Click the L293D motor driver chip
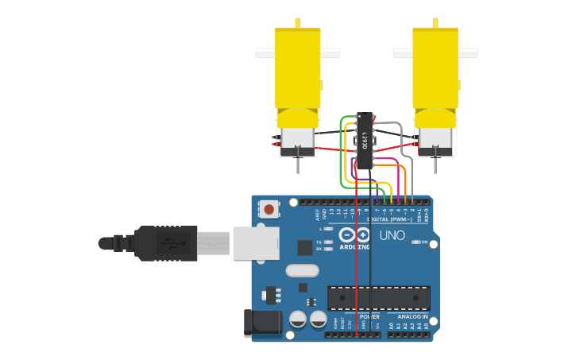tap(365, 141)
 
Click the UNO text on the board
tap(392, 235)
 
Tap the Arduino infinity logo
tap(354, 234)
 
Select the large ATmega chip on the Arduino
tap(379, 297)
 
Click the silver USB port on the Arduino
tap(253, 243)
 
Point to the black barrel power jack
tap(261, 322)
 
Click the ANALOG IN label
tap(413, 316)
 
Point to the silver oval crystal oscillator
tap(302, 270)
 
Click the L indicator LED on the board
tap(329, 229)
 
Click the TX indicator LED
tap(329, 242)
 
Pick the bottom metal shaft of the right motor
tap(435, 165)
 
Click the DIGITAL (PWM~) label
tap(389, 219)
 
